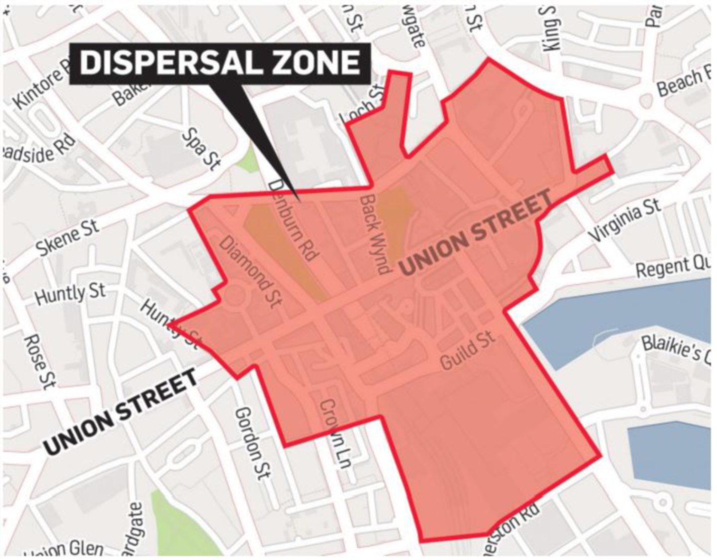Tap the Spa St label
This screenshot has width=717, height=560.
click(201, 149)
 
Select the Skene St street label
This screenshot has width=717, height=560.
click(68, 239)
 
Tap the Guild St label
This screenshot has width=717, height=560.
click(468, 351)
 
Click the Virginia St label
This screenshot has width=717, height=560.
click(625, 220)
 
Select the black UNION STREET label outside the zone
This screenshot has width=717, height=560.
click(121, 412)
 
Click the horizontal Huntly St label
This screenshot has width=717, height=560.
click(70, 294)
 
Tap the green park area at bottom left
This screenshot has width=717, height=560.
click(172, 523)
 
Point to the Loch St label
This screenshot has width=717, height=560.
click(362, 105)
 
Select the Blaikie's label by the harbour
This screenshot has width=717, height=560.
click(677, 350)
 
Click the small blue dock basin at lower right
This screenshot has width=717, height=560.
click(670, 455)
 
